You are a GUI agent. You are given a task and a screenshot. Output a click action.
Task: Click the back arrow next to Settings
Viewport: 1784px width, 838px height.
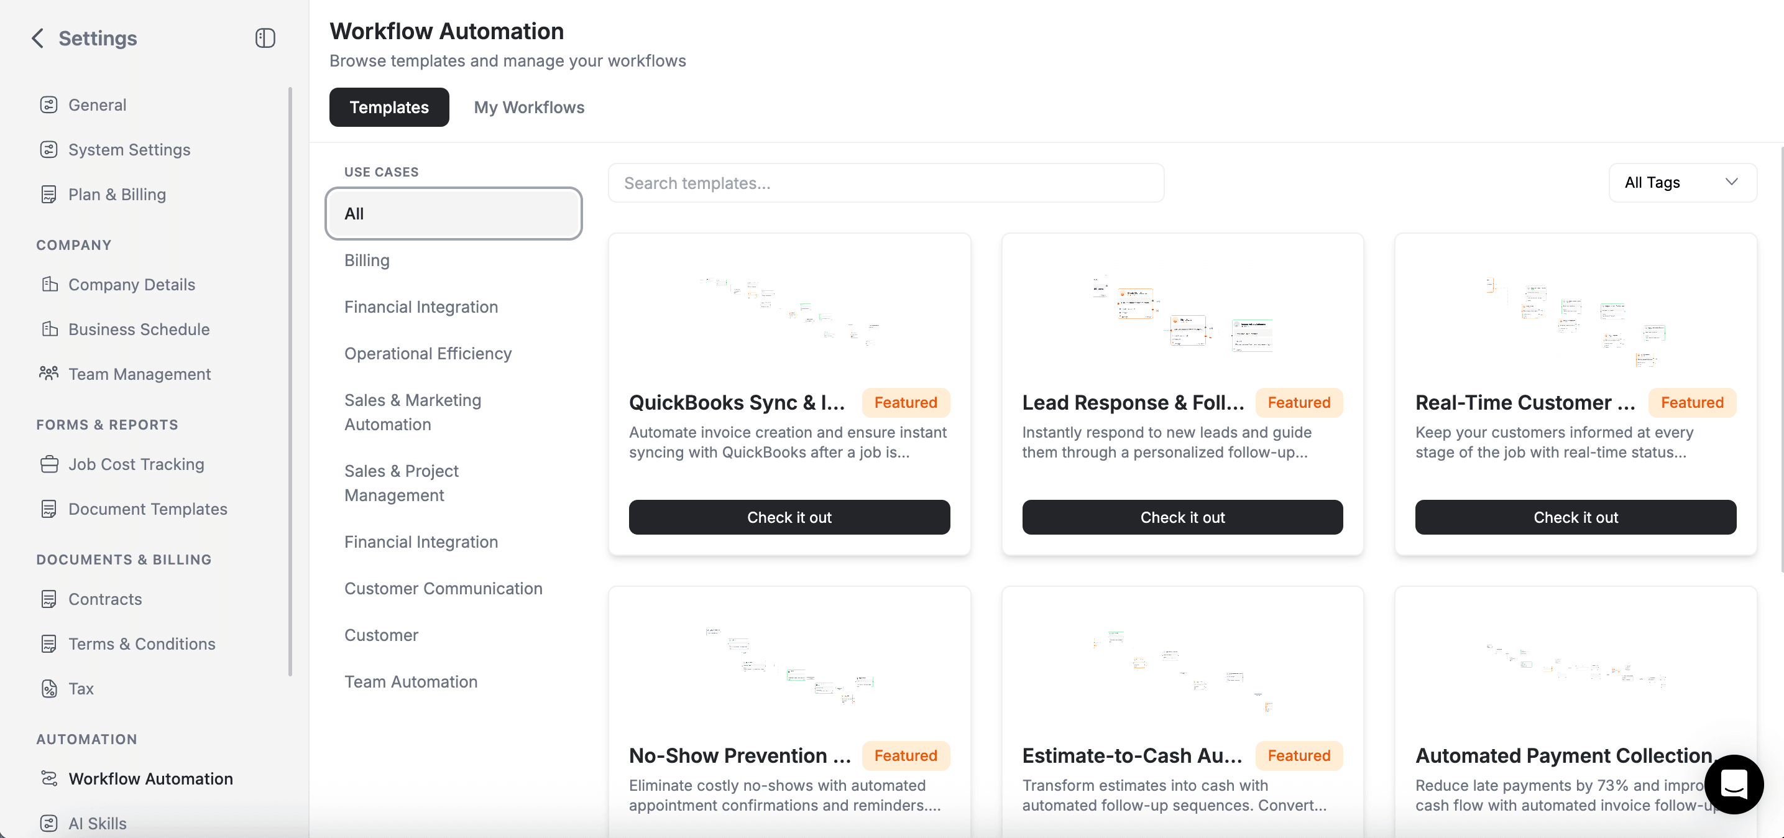[38, 38]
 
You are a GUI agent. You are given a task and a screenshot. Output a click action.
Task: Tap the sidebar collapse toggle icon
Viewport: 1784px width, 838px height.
[265, 38]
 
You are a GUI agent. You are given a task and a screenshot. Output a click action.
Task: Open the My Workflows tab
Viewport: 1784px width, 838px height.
[528, 108]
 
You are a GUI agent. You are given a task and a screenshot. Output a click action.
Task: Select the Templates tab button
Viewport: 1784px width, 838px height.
[389, 108]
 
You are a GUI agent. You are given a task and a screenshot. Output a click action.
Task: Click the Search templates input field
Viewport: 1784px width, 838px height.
[885, 183]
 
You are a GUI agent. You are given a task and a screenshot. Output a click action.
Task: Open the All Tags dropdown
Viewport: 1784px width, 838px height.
[1681, 183]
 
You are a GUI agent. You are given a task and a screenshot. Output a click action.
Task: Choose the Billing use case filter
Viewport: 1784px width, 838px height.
[366, 260]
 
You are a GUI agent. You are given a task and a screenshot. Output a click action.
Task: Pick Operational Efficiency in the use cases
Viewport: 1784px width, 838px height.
[427, 354]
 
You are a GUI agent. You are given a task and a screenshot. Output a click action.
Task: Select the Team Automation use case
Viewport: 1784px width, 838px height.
[411, 682]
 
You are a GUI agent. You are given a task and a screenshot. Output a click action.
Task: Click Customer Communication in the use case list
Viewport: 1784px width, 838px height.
[443, 589]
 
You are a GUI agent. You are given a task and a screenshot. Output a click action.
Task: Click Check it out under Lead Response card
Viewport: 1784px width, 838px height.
[1182, 517]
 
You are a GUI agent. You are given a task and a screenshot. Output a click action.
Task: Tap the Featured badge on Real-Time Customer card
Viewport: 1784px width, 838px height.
[1691, 402]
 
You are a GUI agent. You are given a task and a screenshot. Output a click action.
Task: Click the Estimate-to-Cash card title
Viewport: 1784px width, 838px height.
[1131, 755]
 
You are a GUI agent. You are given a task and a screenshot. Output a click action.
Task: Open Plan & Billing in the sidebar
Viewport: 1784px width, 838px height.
[116, 195]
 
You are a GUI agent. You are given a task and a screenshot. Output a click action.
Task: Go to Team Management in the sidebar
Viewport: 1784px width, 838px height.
[139, 374]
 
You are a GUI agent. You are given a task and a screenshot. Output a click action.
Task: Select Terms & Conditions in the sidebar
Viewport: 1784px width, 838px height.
[141, 644]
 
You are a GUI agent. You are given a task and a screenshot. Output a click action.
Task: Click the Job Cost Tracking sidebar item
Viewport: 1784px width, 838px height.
[136, 464]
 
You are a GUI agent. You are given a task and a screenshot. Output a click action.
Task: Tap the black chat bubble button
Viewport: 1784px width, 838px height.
[1733, 784]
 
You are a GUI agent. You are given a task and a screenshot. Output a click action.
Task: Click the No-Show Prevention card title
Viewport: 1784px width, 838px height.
[739, 755]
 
